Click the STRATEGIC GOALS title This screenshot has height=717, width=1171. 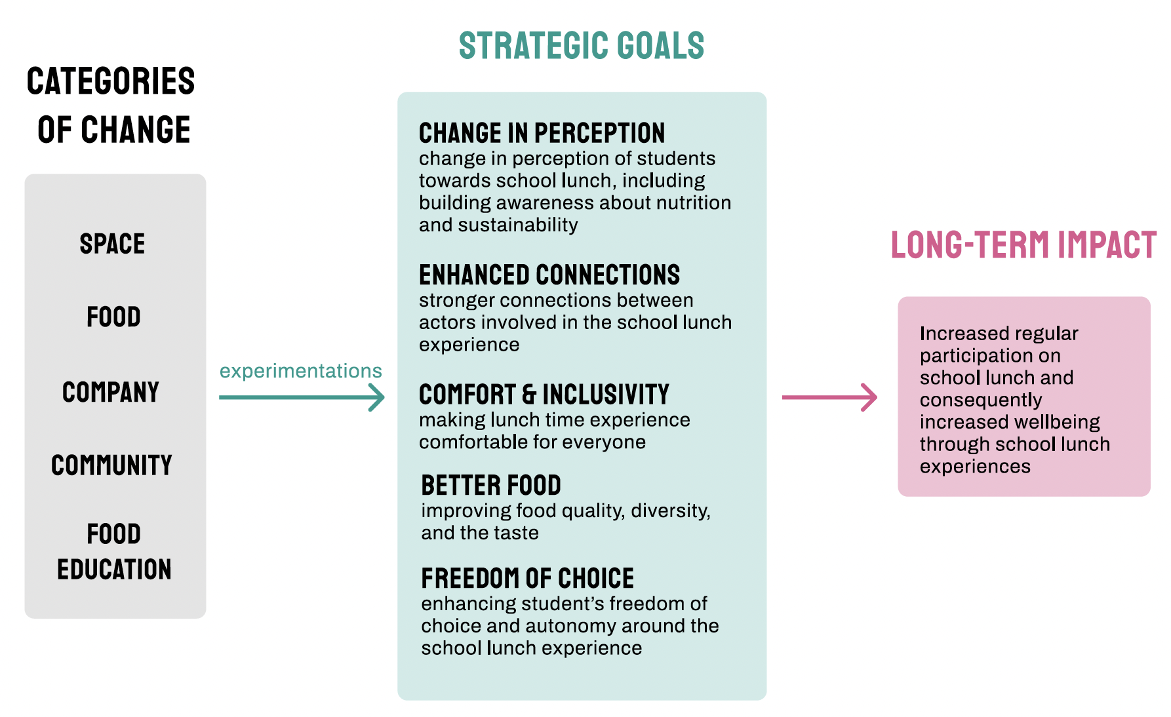click(x=581, y=46)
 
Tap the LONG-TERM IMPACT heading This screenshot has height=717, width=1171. click(x=1023, y=245)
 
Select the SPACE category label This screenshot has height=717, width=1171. click(x=112, y=244)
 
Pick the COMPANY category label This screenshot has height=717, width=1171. click(x=111, y=392)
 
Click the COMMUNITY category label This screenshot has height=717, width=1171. click(x=111, y=465)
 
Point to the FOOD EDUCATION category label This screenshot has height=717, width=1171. click(x=114, y=551)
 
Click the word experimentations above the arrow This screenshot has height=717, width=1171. click(x=300, y=371)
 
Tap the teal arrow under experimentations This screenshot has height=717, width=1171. click(x=302, y=397)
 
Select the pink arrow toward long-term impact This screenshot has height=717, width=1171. click(x=829, y=397)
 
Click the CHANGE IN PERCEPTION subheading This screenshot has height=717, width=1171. click(x=542, y=133)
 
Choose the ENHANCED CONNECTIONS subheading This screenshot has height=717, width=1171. click(x=549, y=275)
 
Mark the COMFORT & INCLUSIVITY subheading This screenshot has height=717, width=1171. click(x=544, y=395)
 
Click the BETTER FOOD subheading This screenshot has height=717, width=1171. click(x=491, y=486)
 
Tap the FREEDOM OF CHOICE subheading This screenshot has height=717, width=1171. click(x=528, y=579)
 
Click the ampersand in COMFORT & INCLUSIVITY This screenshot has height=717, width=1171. click(x=529, y=395)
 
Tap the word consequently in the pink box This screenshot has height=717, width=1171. click(x=981, y=400)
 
